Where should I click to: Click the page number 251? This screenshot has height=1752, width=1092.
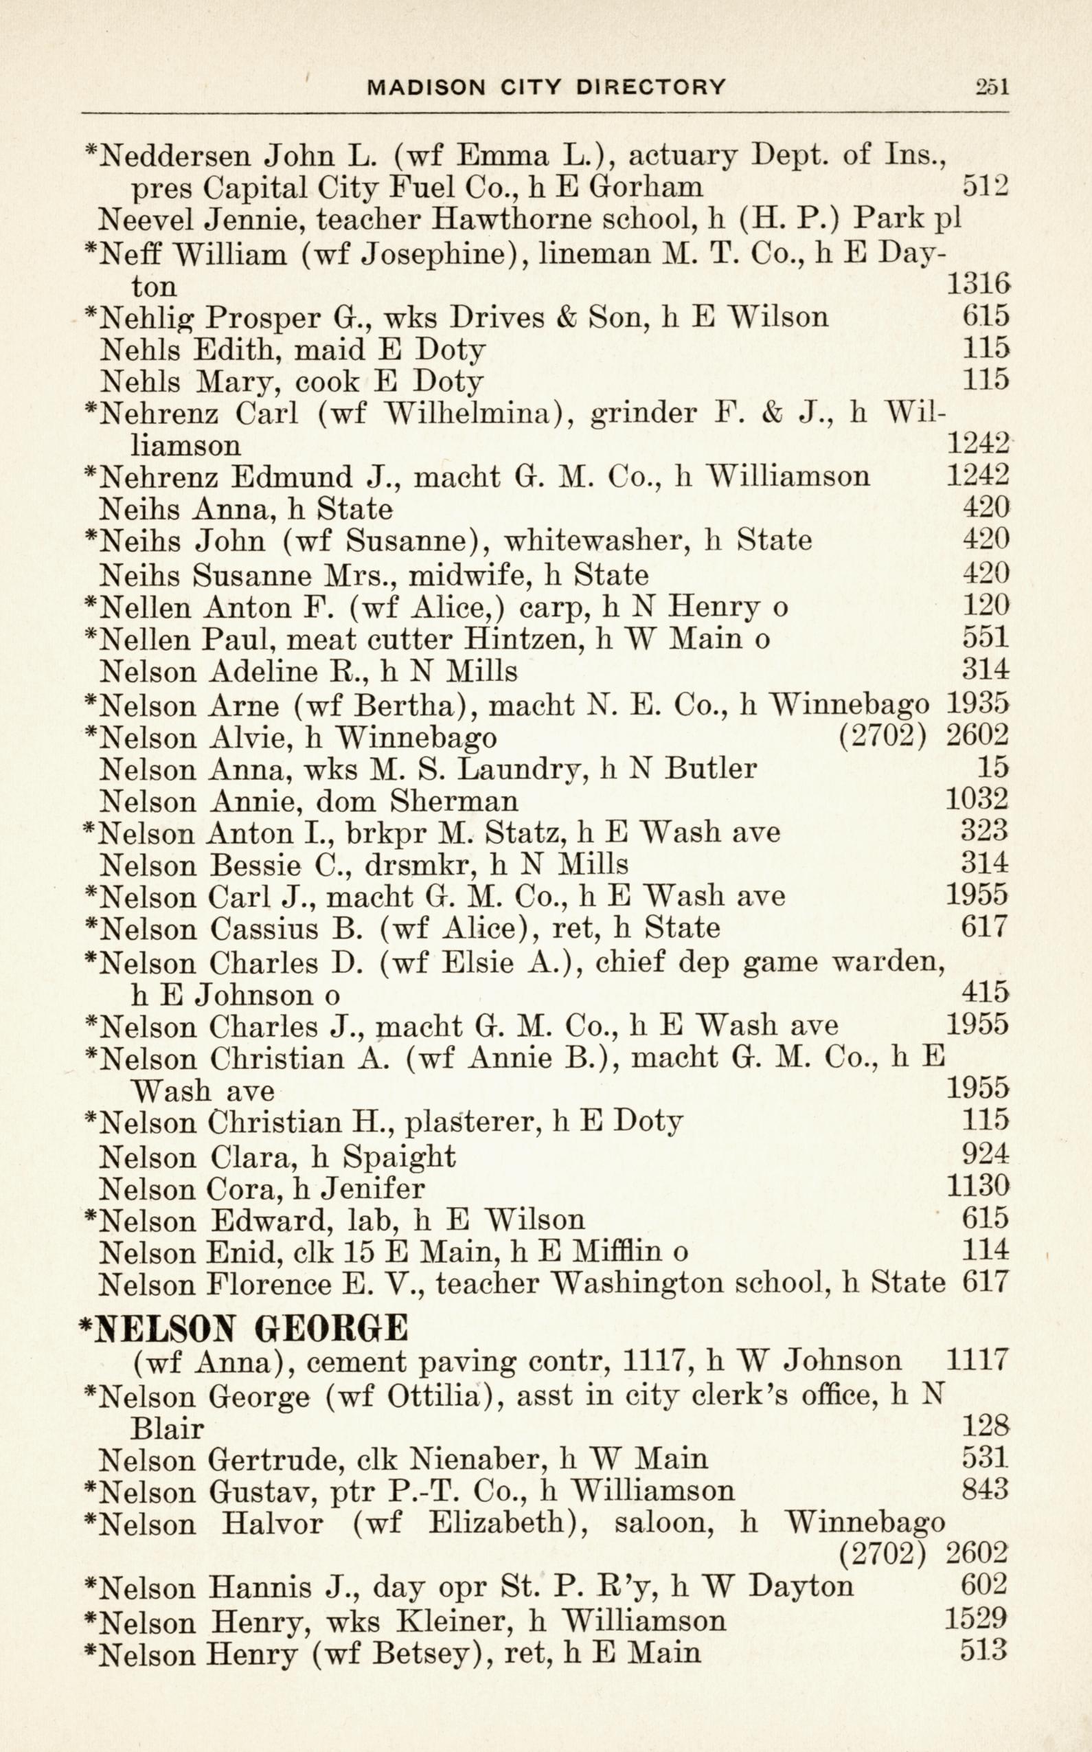coord(992,87)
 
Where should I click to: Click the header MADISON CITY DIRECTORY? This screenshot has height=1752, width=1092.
coord(547,87)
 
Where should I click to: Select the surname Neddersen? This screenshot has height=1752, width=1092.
coord(177,155)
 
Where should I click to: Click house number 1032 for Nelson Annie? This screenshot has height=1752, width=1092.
coord(977,800)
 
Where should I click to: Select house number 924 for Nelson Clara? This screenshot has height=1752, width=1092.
coord(984,1154)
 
